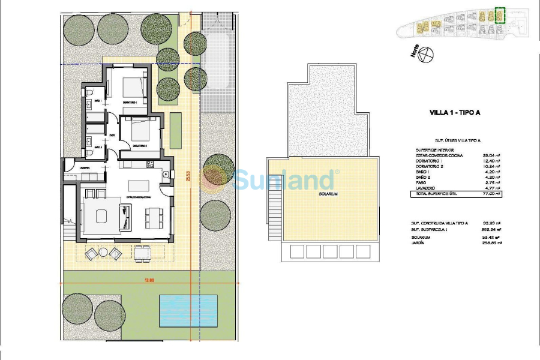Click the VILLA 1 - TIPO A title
point(456,112)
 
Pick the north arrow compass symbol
point(424,55)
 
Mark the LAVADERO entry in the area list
point(426,188)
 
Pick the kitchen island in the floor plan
point(140,184)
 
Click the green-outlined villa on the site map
point(499,15)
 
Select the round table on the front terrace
point(103,253)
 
